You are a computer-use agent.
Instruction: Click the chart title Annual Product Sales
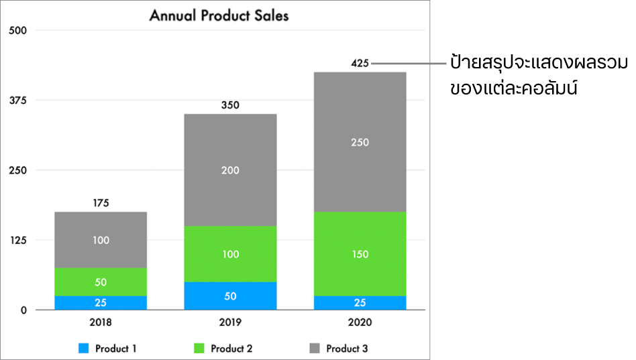(219, 15)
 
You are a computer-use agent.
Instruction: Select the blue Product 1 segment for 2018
(101, 302)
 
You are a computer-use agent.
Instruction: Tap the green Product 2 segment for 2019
(230, 254)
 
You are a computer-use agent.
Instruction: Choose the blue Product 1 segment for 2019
(230, 296)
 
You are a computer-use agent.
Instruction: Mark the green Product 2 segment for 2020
(360, 254)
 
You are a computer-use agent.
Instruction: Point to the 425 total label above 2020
(360, 64)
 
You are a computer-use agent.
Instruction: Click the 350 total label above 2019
(230, 105)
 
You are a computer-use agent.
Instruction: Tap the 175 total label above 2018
(101, 202)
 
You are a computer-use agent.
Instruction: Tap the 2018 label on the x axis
(101, 322)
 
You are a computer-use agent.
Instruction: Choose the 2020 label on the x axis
(360, 322)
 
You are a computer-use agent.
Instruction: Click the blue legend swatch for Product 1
(84, 349)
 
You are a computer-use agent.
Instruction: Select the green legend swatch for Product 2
(199, 349)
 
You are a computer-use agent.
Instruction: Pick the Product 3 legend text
(347, 349)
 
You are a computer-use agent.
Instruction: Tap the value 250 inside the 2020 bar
(360, 142)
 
